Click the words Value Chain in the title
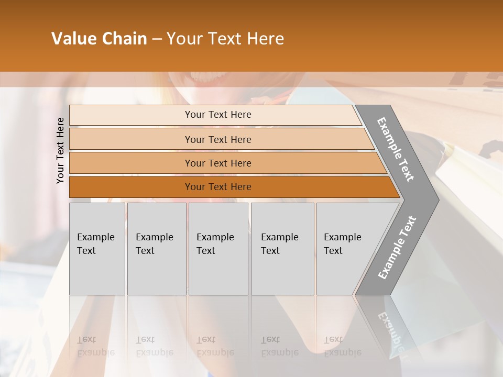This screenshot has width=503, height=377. (99, 39)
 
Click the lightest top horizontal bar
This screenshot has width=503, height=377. (131, 115)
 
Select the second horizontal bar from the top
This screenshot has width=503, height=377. (131, 139)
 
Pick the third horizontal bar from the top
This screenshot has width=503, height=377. (131, 163)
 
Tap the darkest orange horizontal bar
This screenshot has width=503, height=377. (131, 187)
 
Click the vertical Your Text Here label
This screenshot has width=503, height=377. (60, 150)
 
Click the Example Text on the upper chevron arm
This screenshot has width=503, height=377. (396, 149)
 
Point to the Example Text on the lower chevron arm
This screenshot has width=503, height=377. (397, 247)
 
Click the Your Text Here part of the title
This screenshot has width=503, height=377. (225, 39)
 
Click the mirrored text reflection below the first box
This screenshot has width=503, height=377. (95, 346)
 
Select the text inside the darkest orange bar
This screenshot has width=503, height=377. (218, 187)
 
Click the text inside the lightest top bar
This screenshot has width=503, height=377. (218, 115)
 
